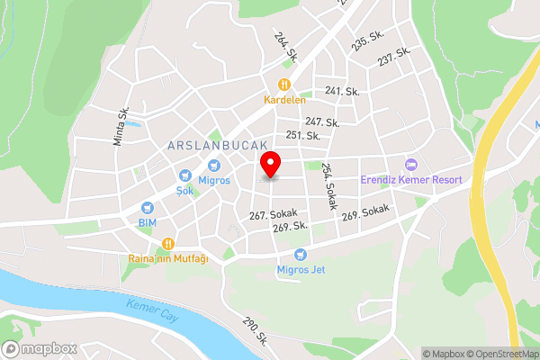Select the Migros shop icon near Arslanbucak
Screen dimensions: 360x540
pyautogui.click(x=214, y=166)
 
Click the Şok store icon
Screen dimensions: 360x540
pyautogui.click(x=184, y=175)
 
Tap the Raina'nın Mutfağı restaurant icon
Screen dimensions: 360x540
pyautogui.click(x=168, y=243)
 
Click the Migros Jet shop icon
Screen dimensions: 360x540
pyautogui.click(x=300, y=254)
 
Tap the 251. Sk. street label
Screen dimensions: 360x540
pyautogui.click(x=303, y=135)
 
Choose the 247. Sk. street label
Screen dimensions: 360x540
pyautogui.click(x=321, y=121)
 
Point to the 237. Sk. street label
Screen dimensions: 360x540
pyautogui.click(x=394, y=56)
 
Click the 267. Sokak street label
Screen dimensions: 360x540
pyautogui.click(x=274, y=215)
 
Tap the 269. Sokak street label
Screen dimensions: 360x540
pyautogui.click(x=364, y=212)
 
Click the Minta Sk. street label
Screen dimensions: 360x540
pyautogui.click(x=120, y=126)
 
